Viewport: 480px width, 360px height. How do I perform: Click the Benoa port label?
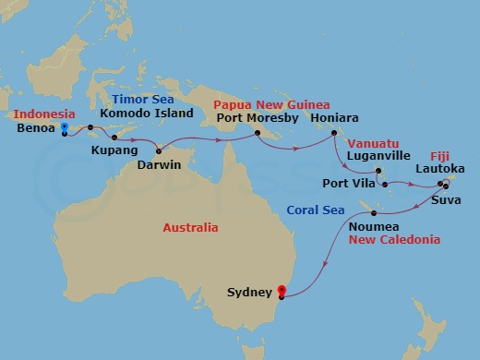click(35, 130)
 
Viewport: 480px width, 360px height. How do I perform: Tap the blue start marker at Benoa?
click(64, 130)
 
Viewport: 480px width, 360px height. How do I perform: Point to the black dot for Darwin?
click(159, 150)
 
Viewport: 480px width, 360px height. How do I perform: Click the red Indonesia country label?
click(43, 114)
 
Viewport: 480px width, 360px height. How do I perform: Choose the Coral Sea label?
click(315, 210)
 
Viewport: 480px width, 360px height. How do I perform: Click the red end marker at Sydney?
click(282, 294)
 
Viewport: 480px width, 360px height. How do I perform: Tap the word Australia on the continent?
click(190, 226)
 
